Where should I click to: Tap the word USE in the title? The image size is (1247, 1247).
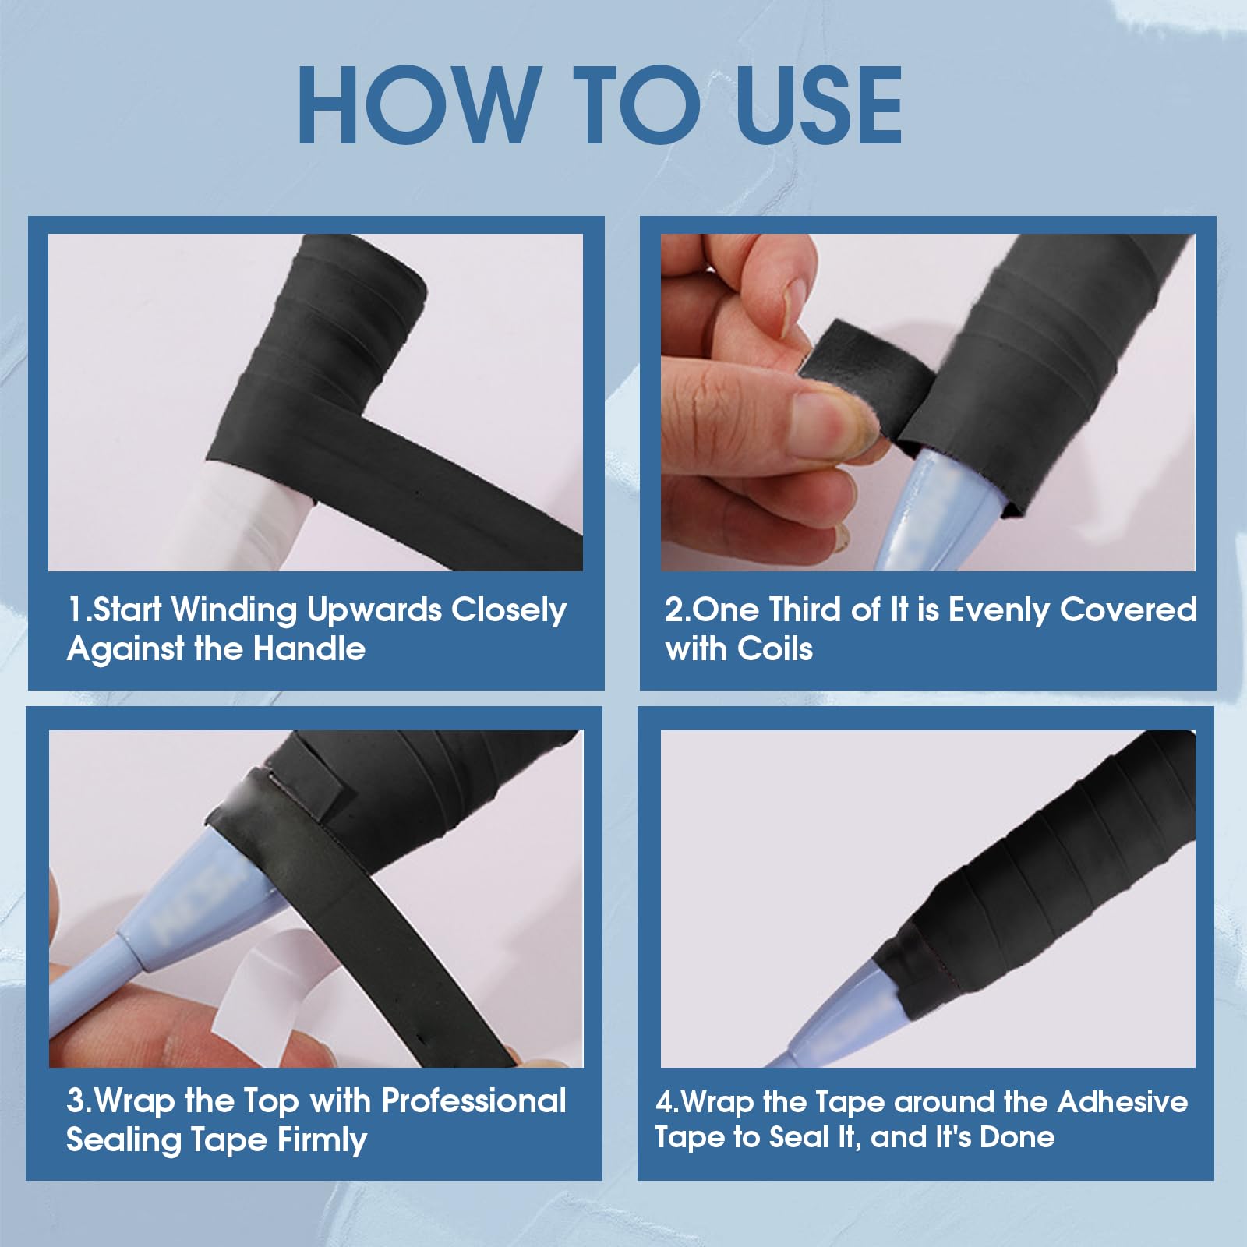point(818,104)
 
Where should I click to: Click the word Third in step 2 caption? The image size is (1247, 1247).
point(806,609)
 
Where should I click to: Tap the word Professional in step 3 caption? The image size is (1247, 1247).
point(474,1100)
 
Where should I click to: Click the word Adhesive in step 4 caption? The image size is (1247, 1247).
point(1122,1101)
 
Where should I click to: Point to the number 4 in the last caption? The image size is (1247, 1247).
point(664,1102)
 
